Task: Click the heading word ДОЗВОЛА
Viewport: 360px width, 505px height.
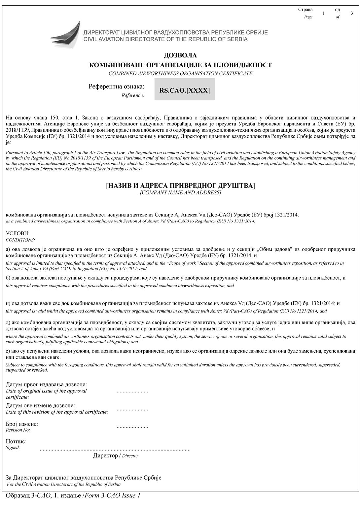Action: tap(180, 55)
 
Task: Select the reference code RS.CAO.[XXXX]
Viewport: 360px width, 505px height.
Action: tap(185, 90)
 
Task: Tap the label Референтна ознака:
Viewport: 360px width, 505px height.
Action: tap(117, 87)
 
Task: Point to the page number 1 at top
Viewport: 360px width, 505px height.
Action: tap(323, 13)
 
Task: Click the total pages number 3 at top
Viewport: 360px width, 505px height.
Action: tap(352, 13)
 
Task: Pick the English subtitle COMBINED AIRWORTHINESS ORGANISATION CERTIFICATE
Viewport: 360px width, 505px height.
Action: tap(180, 74)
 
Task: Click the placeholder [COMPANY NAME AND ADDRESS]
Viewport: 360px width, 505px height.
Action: tap(180, 193)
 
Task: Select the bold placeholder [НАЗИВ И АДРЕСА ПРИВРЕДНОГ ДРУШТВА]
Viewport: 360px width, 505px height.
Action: tap(180, 186)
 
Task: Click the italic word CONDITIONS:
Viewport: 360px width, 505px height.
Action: tap(20, 240)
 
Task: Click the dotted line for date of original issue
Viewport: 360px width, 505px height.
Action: tap(132, 391)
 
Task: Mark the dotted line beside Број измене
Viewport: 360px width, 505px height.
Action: tap(132, 426)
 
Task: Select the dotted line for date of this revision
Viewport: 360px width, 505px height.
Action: tap(132, 409)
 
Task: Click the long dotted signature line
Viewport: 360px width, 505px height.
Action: tap(115, 449)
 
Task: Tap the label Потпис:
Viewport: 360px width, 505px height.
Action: tap(16, 442)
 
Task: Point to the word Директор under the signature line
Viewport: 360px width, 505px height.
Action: tap(105, 456)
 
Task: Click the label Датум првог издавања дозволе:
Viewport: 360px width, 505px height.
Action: tap(47, 385)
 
